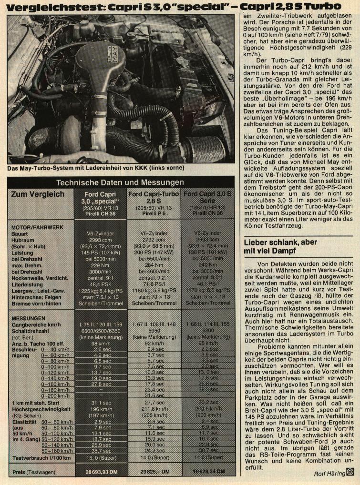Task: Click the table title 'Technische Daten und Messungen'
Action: (x=120, y=182)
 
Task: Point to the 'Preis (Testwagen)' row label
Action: (x=33, y=472)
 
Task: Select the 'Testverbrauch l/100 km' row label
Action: (x=41, y=458)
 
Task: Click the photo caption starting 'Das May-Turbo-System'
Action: (x=95, y=168)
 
